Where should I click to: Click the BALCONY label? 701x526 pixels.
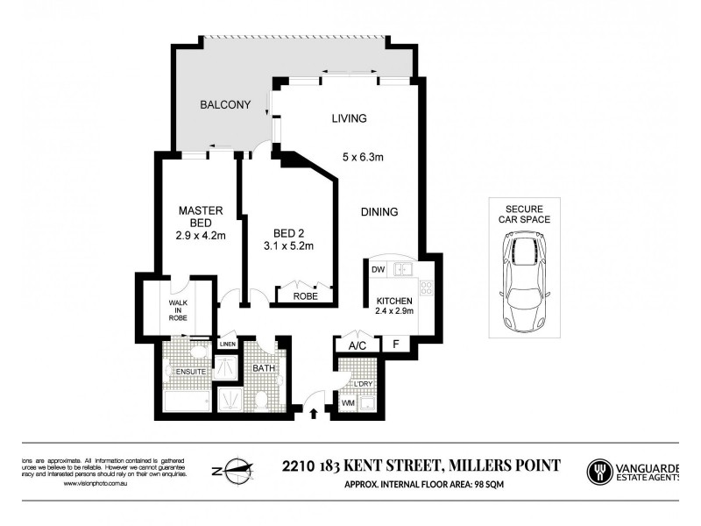[225, 105]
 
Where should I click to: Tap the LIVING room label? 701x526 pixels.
[349, 118]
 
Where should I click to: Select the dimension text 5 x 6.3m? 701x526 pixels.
[364, 158]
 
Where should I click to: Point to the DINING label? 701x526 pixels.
[379, 211]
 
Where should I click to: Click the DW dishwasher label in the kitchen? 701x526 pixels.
[379, 269]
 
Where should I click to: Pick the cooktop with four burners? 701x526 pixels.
[427, 287]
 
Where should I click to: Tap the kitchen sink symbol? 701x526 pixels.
[404, 269]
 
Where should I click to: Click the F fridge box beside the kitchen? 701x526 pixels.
[396, 344]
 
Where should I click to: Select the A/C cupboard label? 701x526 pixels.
[357, 345]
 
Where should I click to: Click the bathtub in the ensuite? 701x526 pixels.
[187, 402]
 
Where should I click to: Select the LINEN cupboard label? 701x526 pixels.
[228, 344]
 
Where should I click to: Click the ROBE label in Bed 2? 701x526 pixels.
[305, 296]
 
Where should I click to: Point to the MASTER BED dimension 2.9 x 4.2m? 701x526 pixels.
[202, 235]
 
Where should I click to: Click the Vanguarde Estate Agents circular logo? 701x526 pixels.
[600, 472]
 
